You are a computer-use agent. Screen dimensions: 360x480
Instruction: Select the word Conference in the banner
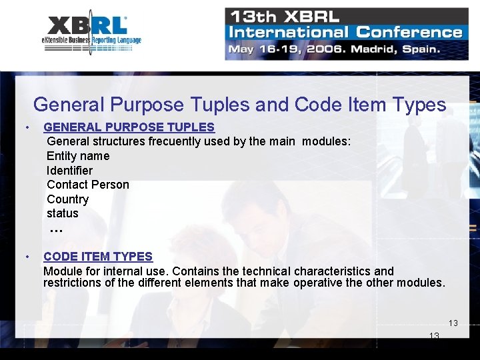[x=409, y=32]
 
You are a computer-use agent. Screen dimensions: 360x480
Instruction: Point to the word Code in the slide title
[x=317, y=105]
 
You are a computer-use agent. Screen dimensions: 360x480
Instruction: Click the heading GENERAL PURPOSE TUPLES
[x=129, y=127]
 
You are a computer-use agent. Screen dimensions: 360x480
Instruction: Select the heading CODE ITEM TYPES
[x=98, y=256]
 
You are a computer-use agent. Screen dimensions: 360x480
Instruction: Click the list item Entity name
[x=78, y=156]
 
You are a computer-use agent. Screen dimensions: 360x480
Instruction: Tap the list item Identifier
[x=69, y=171]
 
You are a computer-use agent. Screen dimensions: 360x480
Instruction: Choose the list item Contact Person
[x=88, y=185]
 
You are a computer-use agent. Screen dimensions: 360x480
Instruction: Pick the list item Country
[x=67, y=199]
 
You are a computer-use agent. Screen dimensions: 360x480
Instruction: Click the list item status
[x=63, y=213]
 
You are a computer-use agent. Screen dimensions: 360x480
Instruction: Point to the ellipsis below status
[x=56, y=230]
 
